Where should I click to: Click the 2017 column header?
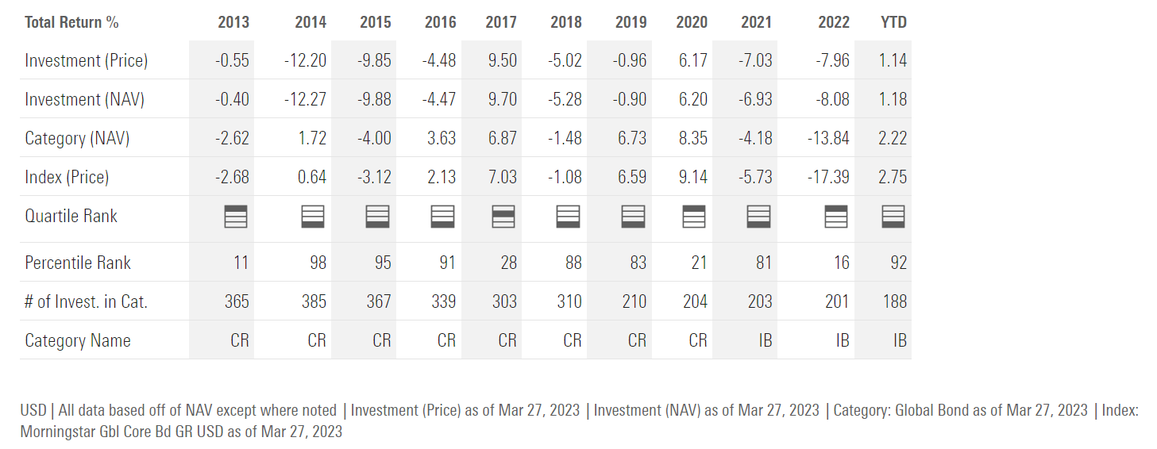[501, 22]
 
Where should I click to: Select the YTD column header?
[893, 22]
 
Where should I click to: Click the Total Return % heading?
[71, 22]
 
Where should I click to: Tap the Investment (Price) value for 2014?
[306, 60]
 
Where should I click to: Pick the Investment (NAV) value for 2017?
[501, 99]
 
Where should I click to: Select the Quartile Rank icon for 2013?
[237, 216]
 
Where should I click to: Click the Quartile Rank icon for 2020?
[695, 216]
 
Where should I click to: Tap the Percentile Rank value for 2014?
[318, 263]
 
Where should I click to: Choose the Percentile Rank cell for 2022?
[841, 263]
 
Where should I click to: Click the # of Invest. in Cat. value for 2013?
[237, 301]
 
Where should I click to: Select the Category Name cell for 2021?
[763, 340]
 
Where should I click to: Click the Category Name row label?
[78, 340]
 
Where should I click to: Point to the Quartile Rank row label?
[71, 216]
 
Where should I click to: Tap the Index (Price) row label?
[67, 177]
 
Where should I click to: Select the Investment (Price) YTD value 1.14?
[893, 60]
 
